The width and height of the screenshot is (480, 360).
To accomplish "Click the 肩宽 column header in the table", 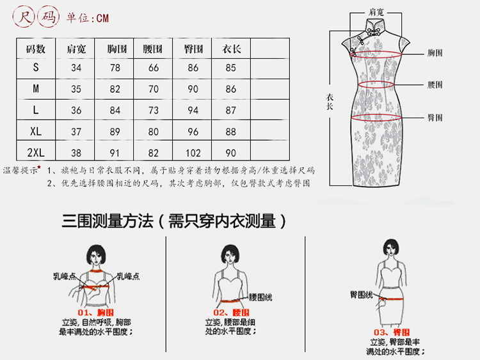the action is [76, 49].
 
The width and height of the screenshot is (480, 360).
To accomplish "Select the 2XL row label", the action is [36, 152].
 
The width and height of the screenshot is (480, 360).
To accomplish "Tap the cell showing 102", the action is [193, 153].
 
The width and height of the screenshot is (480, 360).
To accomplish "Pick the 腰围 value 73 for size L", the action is [154, 110].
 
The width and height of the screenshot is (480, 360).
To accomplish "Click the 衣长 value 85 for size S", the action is [230, 68].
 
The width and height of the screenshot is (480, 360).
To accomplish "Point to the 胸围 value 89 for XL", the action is [115, 132].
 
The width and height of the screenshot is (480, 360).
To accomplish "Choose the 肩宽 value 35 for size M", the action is [76, 89].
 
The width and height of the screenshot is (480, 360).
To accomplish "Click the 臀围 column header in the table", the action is [193, 49].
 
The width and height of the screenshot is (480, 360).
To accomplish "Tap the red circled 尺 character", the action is [24, 17].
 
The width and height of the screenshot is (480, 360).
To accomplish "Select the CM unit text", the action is [102, 18].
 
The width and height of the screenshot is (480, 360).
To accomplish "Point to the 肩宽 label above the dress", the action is [376, 12].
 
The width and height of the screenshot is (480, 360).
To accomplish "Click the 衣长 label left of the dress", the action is [330, 102].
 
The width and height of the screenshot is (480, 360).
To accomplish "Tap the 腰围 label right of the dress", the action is [435, 84].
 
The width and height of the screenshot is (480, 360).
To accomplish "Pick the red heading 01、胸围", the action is [95, 312].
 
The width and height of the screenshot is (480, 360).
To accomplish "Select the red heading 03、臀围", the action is [392, 332].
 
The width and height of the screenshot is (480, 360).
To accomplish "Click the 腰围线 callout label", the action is [260, 297].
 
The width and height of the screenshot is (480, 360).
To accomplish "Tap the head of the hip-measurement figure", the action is [391, 247].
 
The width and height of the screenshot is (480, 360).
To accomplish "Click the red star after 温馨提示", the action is [39, 167].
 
